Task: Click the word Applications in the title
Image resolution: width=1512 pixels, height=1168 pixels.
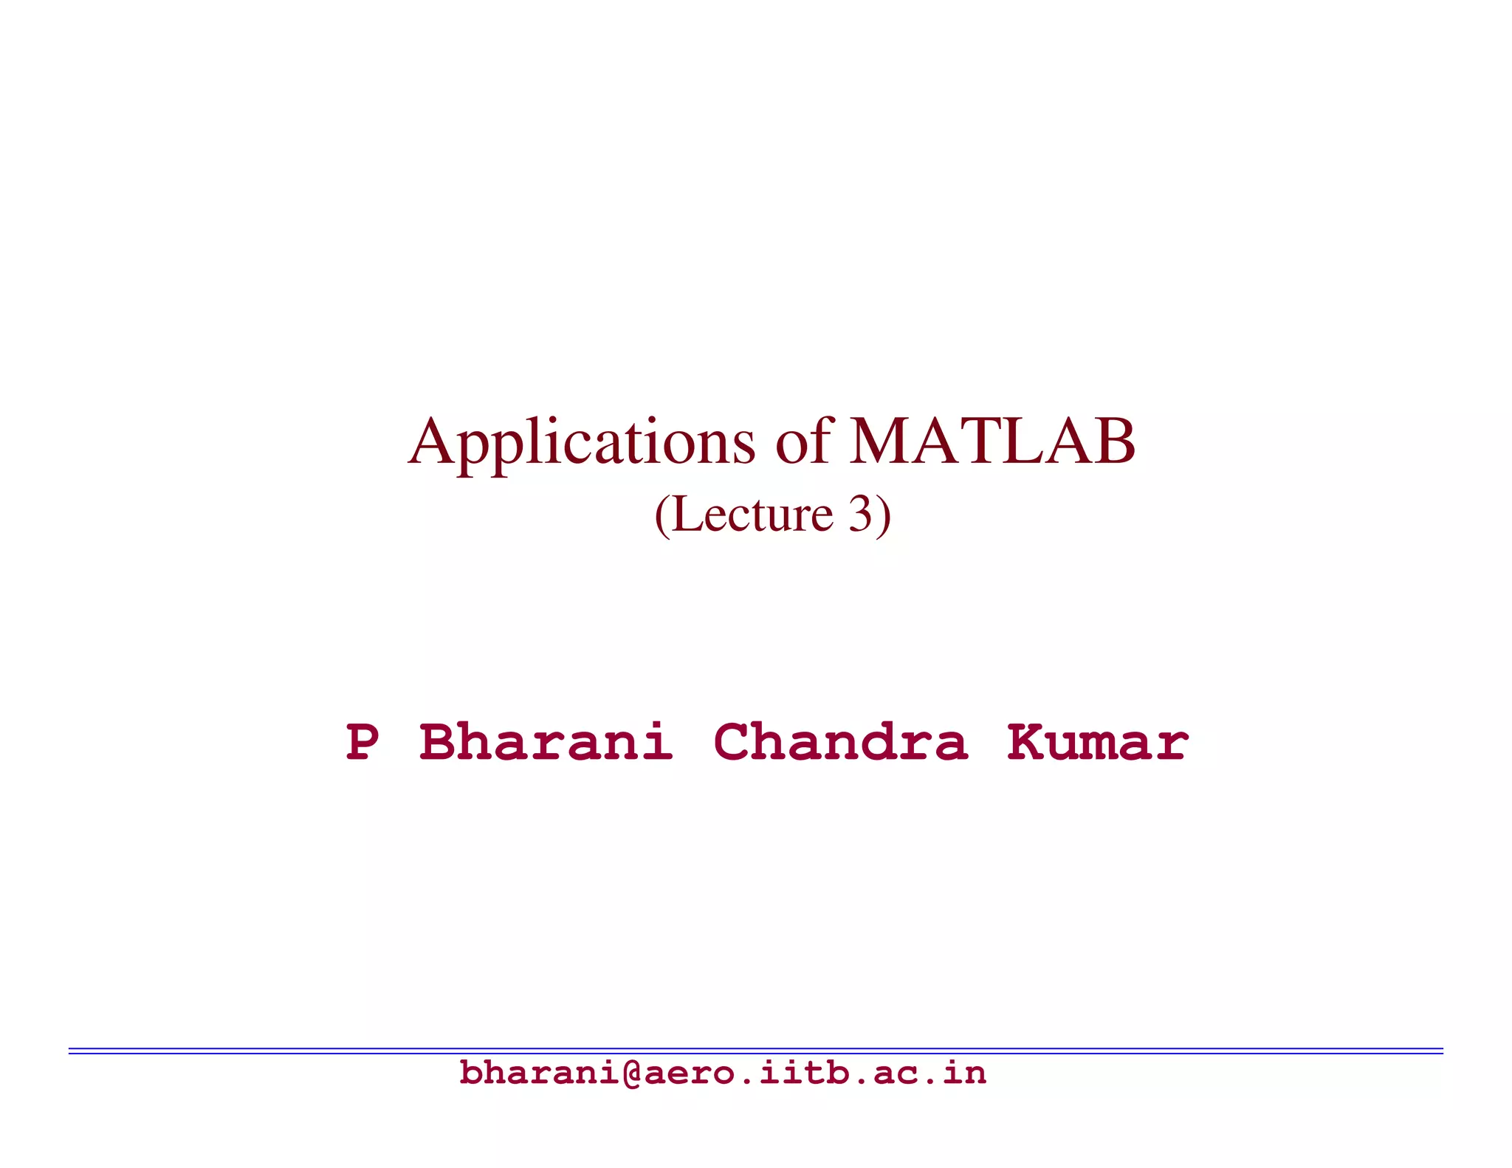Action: (x=582, y=443)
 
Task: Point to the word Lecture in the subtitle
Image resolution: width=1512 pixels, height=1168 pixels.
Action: (x=753, y=515)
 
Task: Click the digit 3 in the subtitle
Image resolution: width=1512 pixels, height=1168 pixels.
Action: (x=860, y=515)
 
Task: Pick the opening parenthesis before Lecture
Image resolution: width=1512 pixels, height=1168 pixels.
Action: (x=662, y=515)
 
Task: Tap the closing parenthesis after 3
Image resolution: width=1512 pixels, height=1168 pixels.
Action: (x=884, y=515)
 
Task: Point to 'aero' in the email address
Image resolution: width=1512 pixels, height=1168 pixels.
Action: (x=688, y=1073)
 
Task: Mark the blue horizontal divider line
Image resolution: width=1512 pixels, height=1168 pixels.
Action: (x=756, y=1050)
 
